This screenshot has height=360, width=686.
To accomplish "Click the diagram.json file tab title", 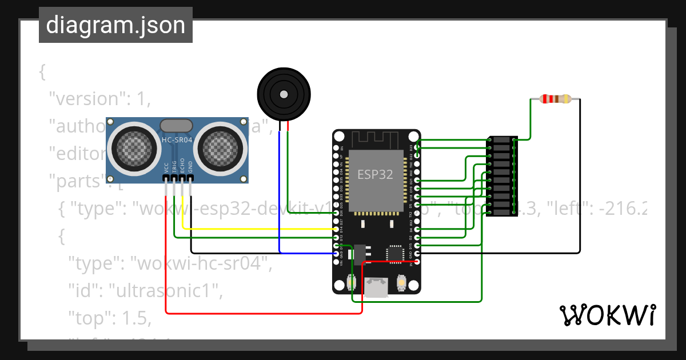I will click(115, 26).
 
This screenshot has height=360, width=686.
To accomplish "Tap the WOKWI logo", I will click(607, 315).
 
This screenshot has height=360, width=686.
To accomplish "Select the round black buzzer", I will click(284, 94).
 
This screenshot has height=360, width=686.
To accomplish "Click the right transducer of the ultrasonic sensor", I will click(220, 147).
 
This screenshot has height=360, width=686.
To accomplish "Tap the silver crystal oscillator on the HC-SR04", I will click(177, 125).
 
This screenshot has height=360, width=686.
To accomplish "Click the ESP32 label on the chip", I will click(375, 175).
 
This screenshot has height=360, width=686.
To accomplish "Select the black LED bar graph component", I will click(502, 176).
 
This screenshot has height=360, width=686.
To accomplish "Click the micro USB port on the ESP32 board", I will click(377, 287).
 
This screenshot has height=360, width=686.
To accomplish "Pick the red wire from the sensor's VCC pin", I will click(166, 257).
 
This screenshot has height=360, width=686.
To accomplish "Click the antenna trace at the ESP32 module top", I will click(375, 139).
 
